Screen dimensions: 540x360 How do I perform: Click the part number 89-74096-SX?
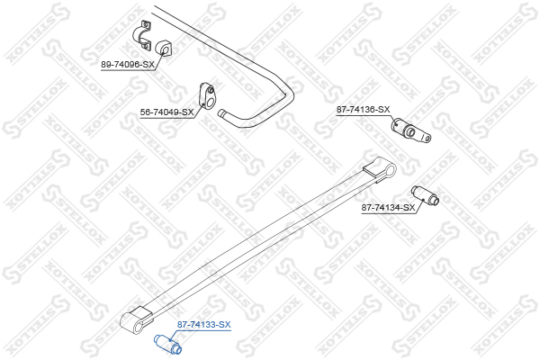(x=128, y=65)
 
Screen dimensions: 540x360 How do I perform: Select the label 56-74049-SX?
(x=166, y=112)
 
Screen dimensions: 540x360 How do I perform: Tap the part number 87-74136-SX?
(x=363, y=110)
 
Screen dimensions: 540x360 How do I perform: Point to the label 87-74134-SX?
(x=388, y=208)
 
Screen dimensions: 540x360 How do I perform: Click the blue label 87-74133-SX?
(x=204, y=325)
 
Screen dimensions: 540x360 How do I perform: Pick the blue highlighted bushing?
(x=167, y=344)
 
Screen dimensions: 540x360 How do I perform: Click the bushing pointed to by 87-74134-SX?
(x=425, y=195)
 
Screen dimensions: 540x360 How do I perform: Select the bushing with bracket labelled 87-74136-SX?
(x=411, y=130)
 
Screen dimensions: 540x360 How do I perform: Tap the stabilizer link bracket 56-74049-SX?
(x=207, y=96)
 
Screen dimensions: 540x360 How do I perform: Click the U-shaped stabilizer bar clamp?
(x=142, y=36)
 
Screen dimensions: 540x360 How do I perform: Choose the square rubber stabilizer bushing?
(x=165, y=49)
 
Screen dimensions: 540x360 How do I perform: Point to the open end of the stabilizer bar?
(x=221, y=113)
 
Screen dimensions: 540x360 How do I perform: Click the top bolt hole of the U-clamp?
(x=146, y=24)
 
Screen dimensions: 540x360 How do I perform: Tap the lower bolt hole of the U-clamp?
(x=145, y=46)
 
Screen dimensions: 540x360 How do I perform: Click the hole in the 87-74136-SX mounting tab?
(x=427, y=138)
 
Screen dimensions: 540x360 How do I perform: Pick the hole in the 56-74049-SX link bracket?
(x=211, y=90)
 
